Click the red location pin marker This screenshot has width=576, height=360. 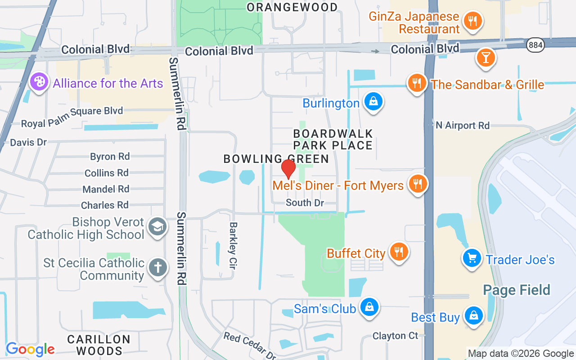(288, 169)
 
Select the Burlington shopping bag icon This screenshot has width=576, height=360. (373, 102)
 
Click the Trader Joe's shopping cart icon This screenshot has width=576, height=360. (472, 258)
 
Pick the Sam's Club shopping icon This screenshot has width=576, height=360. (369, 307)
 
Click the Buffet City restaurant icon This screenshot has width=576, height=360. (398, 252)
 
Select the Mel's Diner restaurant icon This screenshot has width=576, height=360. (418, 184)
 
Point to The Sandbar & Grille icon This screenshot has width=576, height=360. (417, 83)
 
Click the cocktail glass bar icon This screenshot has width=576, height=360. (486, 58)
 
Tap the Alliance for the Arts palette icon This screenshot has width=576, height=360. (39, 82)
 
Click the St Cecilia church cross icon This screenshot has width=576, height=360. (157, 268)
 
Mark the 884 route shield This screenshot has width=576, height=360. (536, 45)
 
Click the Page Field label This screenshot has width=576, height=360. (517, 290)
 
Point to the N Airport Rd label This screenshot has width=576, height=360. (463, 126)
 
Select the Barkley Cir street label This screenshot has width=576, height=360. (233, 245)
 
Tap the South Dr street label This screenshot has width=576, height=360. (305, 203)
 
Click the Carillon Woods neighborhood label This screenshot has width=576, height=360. (99, 345)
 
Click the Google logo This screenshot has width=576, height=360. (30, 349)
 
